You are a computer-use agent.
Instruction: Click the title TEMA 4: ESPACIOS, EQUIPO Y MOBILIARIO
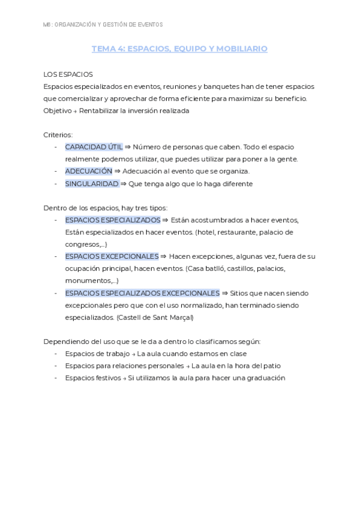click(179, 49)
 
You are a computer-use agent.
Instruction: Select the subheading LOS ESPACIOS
click(68, 74)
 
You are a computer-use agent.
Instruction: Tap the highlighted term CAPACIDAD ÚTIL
click(94, 146)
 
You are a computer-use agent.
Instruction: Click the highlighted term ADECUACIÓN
click(88, 171)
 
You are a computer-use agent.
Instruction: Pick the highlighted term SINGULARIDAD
click(92, 184)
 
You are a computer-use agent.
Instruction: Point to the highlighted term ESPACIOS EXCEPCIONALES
click(112, 256)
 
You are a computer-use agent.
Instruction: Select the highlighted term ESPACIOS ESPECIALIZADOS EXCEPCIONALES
click(142, 293)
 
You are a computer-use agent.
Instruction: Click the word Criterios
click(58, 134)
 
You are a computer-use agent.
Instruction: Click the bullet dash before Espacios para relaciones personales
click(56, 366)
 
